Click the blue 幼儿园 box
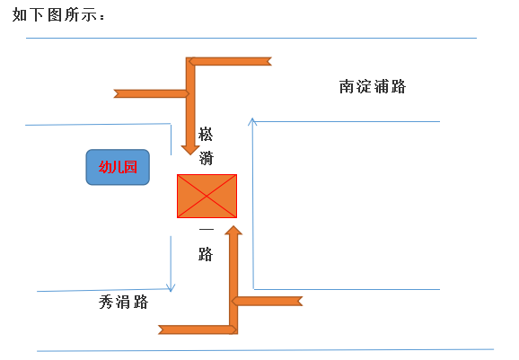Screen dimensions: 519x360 [x=118, y=167]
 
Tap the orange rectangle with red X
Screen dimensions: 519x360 [x=207, y=197]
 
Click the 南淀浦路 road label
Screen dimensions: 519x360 [x=373, y=87]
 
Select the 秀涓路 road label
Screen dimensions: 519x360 [x=123, y=302]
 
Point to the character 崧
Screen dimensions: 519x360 [x=206, y=135]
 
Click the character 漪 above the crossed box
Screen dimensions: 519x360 [x=206, y=157]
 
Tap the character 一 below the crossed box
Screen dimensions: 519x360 [x=206, y=229]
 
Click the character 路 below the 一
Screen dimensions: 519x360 [x=206, y=254]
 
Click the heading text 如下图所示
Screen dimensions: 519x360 [x=58, y=15]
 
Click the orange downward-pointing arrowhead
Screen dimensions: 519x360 [x=190, y=150]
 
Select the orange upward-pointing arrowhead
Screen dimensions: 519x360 [x=233, y=231]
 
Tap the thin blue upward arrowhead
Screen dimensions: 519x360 [x=252, y=121]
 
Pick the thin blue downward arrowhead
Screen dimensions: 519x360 [x=171, y=288]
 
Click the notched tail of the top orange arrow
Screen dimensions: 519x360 [x=269, y=61]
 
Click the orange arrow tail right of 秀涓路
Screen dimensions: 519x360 [x=300, y=301]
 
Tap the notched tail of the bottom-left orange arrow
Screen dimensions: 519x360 [x=162, y=329]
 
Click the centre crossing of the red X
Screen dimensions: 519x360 [x=207, y=197]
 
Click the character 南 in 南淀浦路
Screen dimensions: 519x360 [x=347, y=87]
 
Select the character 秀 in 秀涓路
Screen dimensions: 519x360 [x=106, y=302]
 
